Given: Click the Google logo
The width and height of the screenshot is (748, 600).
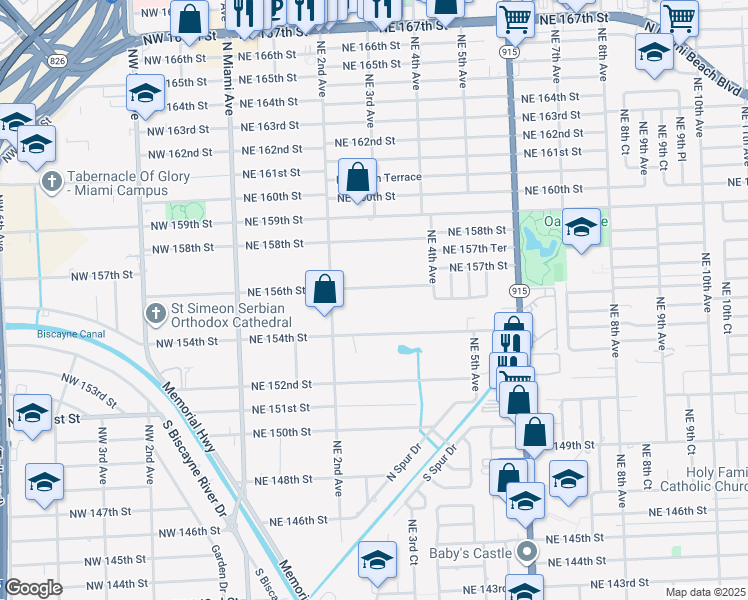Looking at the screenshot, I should pyautogui.click(x=32, y=589).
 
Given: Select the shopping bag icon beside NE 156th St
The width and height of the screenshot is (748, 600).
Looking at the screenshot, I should pyautogui.click(x=324, y=290).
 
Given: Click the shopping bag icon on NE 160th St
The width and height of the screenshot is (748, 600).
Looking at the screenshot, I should pyautogui.click(x=357, y=178).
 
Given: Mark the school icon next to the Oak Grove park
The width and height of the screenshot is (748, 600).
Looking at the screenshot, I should pyautogui.click(x=580, y=227).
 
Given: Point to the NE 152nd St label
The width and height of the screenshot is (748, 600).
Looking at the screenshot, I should pyautogui.click(x=282, y=385).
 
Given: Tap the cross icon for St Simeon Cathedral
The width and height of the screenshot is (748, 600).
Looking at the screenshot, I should pyautogui.click(x=155, y=314).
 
